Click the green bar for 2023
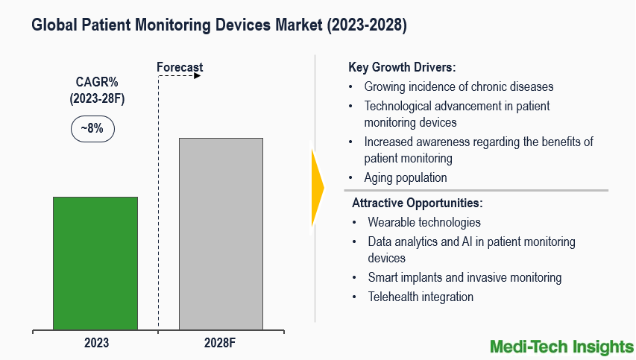point(95,262)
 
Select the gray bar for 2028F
point(221,233)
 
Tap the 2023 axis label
point(95,344)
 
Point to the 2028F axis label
point(221,344)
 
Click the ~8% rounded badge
point(92,128)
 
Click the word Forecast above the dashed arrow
point(179,68)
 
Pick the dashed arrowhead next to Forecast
point(198,75)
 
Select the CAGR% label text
point(93,82)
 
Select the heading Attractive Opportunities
point(417,203)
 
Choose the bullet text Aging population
point(406,177)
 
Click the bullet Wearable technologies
point(424,222)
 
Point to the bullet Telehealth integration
point(420,297)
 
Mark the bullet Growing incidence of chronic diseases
point(459,86)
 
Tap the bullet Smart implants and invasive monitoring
point(464,277)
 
